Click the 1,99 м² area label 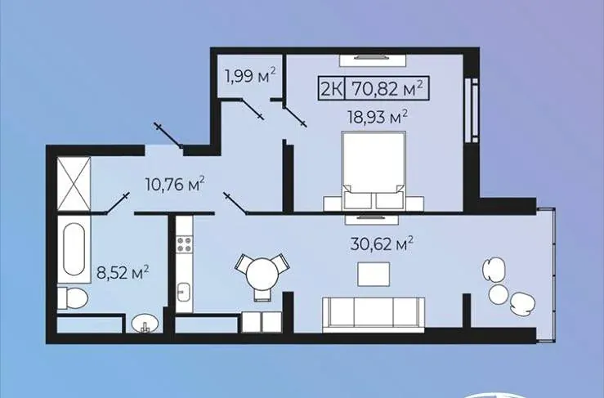point(250,76)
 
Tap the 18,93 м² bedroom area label point(378,116)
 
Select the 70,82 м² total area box point(387,88)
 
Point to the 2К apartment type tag point(332,89)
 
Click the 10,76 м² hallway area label point(174,184)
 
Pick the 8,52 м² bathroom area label point(123,273)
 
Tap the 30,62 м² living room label point(382,244)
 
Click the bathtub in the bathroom point(74,249)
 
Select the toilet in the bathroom point(73,297)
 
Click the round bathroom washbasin point(145,323)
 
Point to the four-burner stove point(184,244)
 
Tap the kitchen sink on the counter point(184,292)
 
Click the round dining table point(262,274)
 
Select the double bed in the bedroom point(374,171)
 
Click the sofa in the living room point(374,314)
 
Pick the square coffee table point(374,274)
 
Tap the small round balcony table point(499,294)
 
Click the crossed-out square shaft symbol point(74,184)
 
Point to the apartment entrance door point(168,135)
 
